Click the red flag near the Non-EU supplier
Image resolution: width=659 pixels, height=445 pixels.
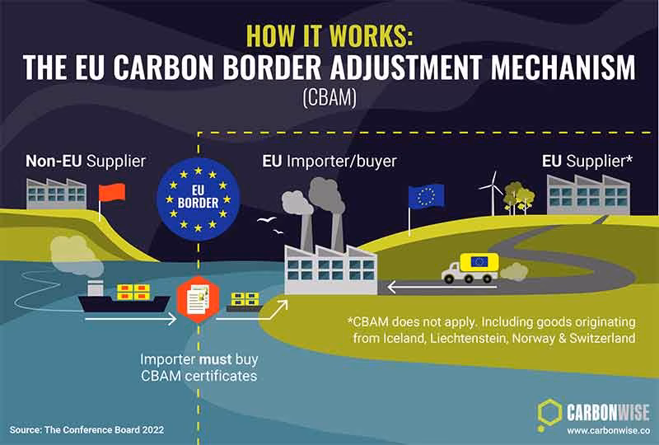click(111, 193)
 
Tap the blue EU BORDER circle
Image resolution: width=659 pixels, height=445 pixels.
click(198, 199)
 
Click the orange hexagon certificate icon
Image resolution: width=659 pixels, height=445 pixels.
click(198, 299)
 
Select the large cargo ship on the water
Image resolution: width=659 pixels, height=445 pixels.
click(124, 297)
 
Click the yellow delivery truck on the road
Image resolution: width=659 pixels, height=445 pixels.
click(470, 268)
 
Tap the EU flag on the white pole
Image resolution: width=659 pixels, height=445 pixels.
click(426, 196)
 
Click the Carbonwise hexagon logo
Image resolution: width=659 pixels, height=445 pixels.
click(549, 412)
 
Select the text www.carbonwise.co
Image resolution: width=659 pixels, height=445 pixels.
click(608, 431)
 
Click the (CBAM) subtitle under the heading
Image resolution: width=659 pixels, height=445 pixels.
click(329, 97)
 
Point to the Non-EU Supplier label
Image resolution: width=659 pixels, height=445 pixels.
click(86, 161)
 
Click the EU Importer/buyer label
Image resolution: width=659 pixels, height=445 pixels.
click(329, 161)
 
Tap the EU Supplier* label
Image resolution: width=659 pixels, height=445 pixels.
click(587, 161)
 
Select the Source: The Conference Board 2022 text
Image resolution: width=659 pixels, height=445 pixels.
click(86, 430)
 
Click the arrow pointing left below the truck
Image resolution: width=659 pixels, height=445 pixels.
click(442, 288)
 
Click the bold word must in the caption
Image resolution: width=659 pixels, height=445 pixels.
click(216, 360)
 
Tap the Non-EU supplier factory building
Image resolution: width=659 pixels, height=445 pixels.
click(56, 194)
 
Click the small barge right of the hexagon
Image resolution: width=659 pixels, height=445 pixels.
click(245, 302)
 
